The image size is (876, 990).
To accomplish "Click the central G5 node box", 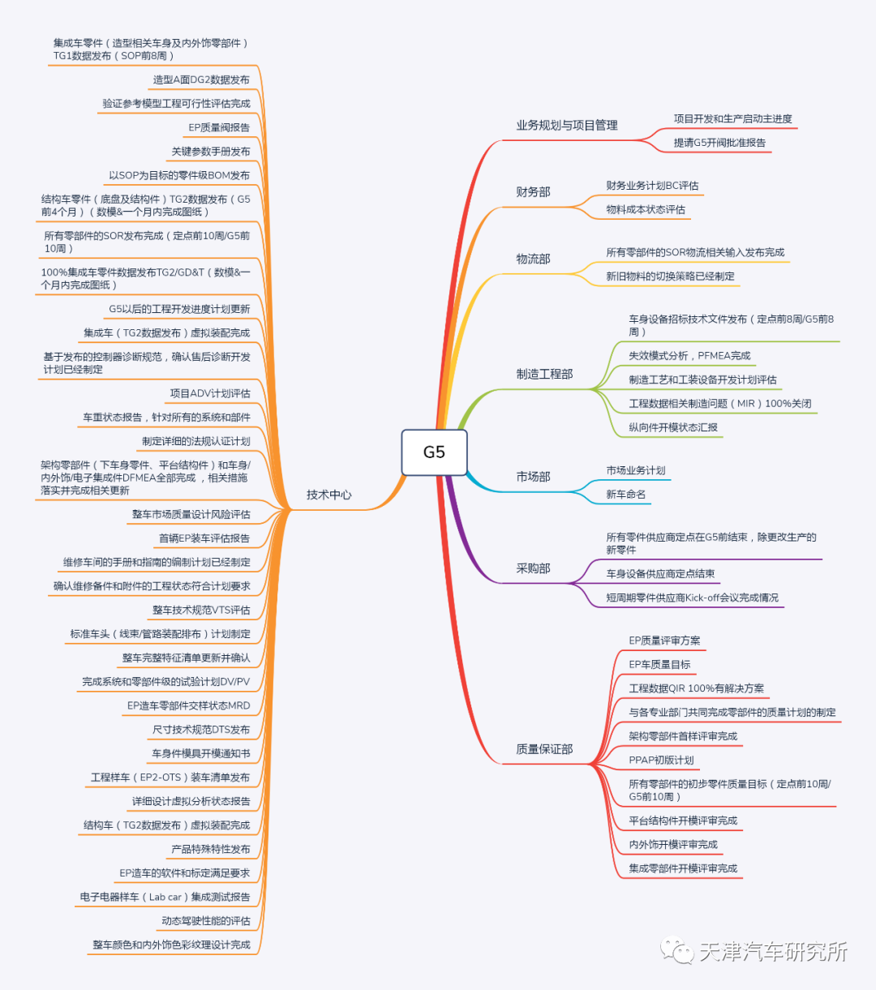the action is point(434,452).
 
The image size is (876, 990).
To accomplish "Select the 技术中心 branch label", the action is point(328,495).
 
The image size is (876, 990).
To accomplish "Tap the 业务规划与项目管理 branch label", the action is point(567,125).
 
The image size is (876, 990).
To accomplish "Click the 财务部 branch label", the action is point(533,192).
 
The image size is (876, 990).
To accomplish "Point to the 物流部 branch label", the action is point(533,259).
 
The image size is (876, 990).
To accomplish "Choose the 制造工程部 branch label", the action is point(544,374).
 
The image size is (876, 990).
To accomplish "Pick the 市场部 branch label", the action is point(533,477).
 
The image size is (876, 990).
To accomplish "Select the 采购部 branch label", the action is point(533,568).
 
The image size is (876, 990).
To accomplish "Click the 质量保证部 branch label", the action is point(544,749).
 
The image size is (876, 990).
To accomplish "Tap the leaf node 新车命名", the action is point(625,495).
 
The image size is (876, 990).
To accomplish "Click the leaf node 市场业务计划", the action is point(635,470).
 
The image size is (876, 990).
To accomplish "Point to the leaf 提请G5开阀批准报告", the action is point(719,143).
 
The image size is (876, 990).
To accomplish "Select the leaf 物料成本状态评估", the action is point(646,209).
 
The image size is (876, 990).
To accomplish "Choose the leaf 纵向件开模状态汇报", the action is point(673,427).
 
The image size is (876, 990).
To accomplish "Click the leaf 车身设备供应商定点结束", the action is point(660,573).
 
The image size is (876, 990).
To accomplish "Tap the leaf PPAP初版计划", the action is point(661,760).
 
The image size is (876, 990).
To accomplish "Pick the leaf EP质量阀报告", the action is point(219,127).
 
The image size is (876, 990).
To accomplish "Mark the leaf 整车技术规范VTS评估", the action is point(201,610).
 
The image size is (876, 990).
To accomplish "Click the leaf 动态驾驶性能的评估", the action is point(206,920).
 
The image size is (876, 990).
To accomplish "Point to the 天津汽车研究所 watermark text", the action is point(772,951).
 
